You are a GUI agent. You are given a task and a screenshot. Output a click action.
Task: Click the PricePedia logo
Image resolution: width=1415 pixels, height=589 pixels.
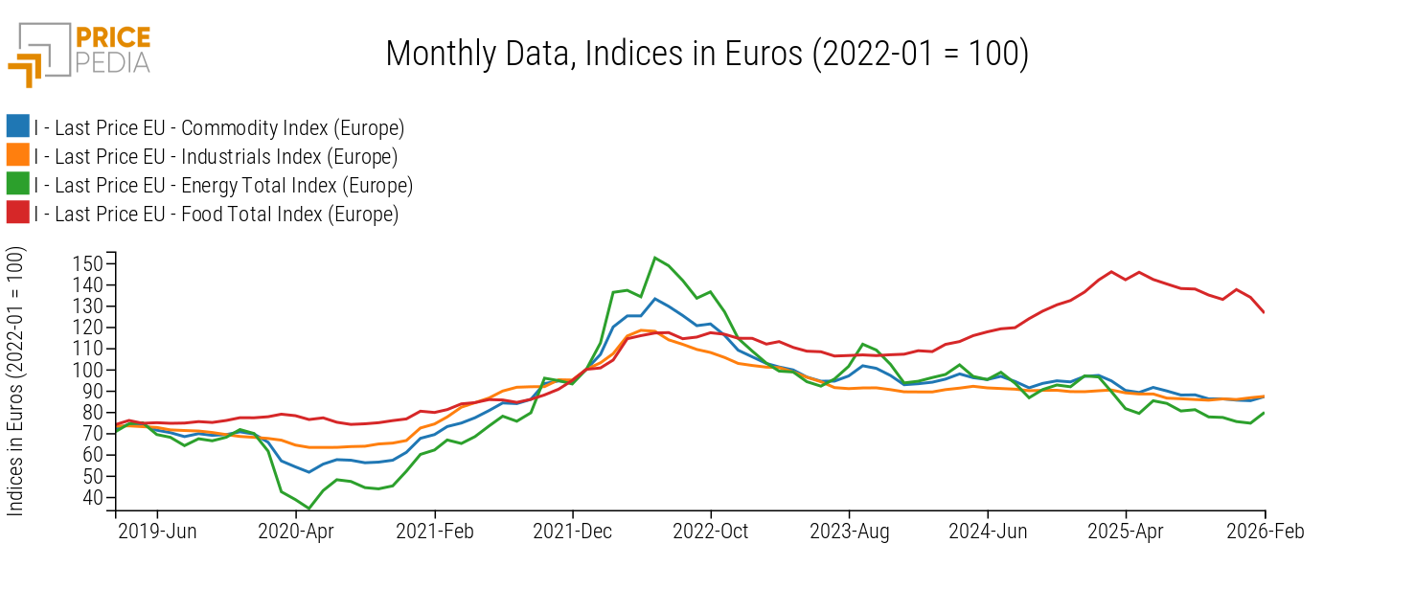(x=80, y=54)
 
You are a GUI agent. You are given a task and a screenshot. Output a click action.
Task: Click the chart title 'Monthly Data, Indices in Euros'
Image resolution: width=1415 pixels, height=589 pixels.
(x=707, y=54)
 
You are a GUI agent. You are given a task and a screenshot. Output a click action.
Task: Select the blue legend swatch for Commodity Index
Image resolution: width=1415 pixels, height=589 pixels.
(x=17, y=127)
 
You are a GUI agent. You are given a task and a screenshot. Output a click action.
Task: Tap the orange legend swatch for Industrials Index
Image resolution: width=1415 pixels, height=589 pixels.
(x=17, y=156)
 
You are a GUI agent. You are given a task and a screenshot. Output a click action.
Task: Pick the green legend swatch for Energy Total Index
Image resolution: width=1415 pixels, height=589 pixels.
(x=17, y=185)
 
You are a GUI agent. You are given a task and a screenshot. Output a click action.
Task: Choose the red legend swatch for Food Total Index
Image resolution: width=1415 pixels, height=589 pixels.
(x=17, y=214)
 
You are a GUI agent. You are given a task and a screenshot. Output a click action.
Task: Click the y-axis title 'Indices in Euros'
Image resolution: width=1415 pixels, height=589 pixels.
(x=16, y=381)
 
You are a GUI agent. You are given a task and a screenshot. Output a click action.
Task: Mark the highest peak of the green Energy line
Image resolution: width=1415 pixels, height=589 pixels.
(x=655, y=258)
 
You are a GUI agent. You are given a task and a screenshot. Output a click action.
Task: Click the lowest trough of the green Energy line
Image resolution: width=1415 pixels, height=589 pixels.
(x=309, y=509)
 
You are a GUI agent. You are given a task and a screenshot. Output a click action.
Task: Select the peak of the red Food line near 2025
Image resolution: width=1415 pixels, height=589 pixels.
(x=1111, y=271)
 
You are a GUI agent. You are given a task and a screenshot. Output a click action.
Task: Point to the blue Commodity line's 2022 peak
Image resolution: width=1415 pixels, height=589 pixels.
(x=655, y=299)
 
